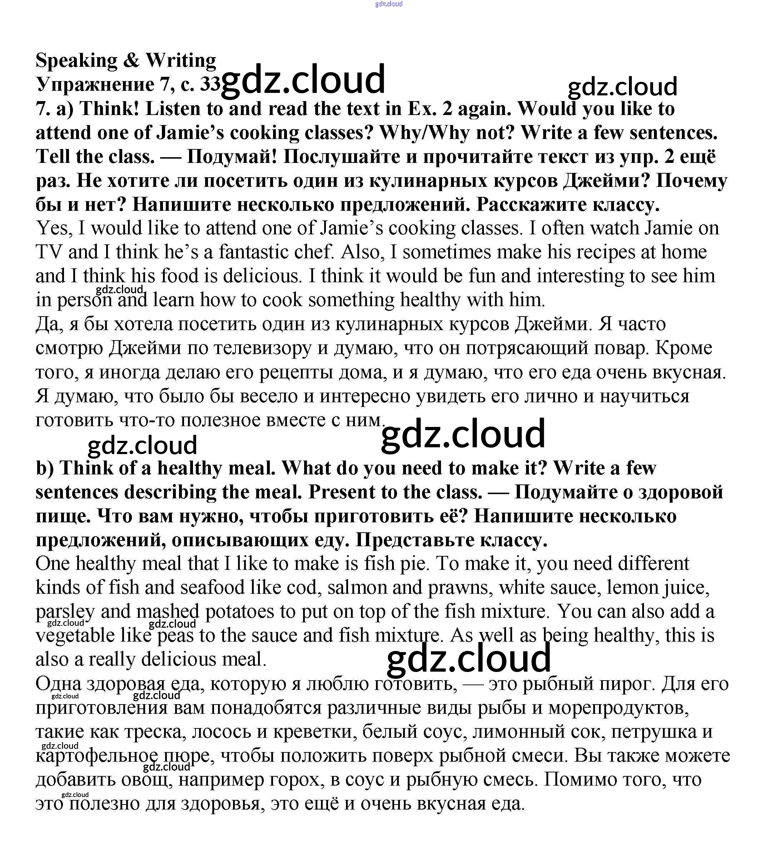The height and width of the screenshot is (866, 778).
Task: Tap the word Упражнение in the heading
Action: (x=95, y=84)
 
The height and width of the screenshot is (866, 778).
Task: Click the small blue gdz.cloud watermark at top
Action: (x=388, y=4)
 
